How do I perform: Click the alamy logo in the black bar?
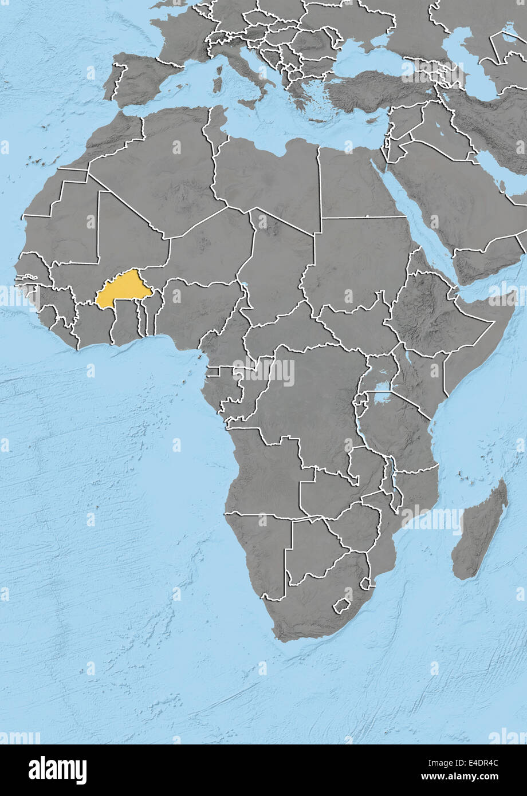57,770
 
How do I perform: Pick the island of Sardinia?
217,80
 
